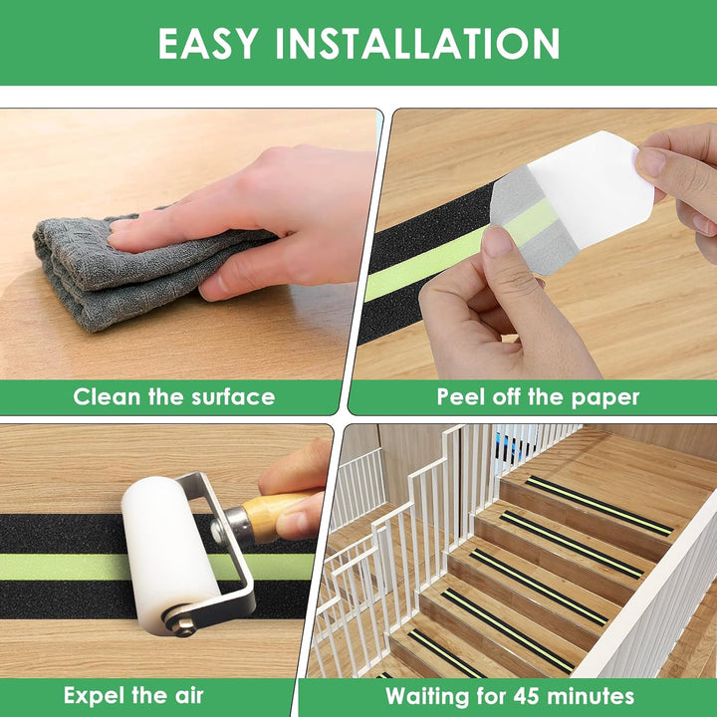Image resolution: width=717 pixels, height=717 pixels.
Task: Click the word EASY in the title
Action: pyautogui.click(x=208, y=44)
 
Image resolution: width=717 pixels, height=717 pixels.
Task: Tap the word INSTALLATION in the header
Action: pyautogui.click(x=417, y=44)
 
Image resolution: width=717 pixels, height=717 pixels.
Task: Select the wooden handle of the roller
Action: pyautogui.click(x=270, y=516)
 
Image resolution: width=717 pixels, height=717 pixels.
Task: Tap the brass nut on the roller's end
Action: pyautogui.click(x=185, y=626)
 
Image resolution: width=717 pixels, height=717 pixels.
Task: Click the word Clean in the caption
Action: pyautogui.click(x=107, y=396)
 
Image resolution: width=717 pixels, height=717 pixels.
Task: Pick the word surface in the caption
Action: pyautogui.click(x=233, y=397)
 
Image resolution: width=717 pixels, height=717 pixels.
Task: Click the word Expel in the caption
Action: pyautogui.click(x=94, y=696)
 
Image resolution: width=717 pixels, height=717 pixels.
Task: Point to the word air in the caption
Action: pyautogui.click(x=188, y=696)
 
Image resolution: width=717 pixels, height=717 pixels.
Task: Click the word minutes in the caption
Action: pyautogui.click(x=591, y=696)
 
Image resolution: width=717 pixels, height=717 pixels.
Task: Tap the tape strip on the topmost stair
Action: pyautogui.click(x=599, y=505)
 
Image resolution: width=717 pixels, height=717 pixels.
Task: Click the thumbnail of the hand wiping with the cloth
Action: pyautogui.click(x=187, y=245)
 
